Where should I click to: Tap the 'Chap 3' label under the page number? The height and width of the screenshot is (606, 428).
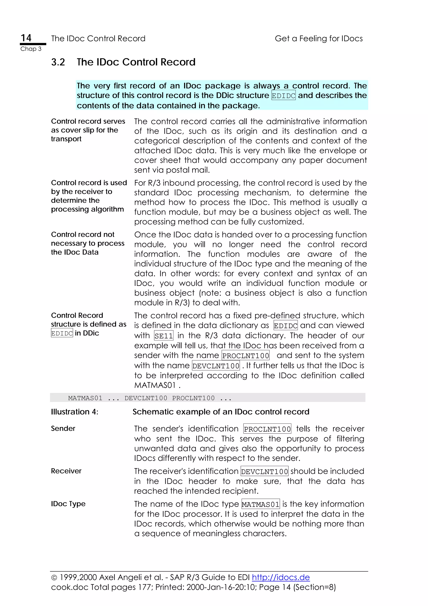coord(31,49)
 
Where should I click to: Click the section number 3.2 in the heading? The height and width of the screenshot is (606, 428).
coord(58,62)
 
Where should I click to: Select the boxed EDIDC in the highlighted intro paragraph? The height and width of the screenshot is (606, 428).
coord(284,96)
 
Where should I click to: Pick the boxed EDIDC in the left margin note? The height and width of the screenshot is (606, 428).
coord(62,333)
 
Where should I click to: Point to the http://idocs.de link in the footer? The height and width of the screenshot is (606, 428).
coord(281,577)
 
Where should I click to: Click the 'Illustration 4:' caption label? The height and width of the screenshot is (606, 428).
coord(74,412)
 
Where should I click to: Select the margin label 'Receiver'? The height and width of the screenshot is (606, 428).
coord(66,471)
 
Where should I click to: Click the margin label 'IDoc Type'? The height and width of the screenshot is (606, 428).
coord(68,504)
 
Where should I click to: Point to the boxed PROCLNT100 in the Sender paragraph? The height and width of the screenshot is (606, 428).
coord(267,429)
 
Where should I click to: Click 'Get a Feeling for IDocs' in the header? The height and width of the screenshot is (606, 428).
coord(318,38)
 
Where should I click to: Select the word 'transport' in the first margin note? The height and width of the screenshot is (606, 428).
coord(66,139)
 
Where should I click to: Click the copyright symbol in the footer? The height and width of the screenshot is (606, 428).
coord(54,578)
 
